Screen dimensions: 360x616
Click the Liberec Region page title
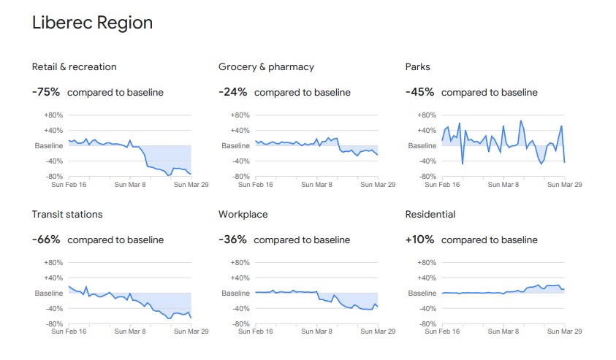[x=92, y=23]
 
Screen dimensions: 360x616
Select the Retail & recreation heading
[x=74, y=66]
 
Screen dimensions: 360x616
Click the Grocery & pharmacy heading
[x=266, y=66]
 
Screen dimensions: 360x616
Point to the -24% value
[x=233, y=92]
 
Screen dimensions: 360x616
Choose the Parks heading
[x=418, y=66]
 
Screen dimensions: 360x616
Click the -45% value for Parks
[x=420, y=92]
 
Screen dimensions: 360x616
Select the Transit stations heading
[x=67, y=214]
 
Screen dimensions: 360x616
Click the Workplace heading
[x=243, y=214]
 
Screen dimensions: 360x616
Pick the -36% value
[x=233, y=240]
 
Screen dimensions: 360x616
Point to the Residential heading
[x=430, y=214]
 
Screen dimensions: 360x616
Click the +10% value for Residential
[x=420, y=240]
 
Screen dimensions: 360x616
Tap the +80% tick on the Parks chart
[x=427, y=115]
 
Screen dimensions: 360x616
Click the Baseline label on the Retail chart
[x=49, y=146]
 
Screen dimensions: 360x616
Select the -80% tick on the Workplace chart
[x=240, y=323]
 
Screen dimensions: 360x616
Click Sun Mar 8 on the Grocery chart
[x=316, y=185]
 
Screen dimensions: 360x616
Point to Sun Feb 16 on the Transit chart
[x=69, y=332]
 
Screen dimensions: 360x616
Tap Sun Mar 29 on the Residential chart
[x=564, y=332]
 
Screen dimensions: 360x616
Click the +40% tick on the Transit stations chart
[x=53, y=277]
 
